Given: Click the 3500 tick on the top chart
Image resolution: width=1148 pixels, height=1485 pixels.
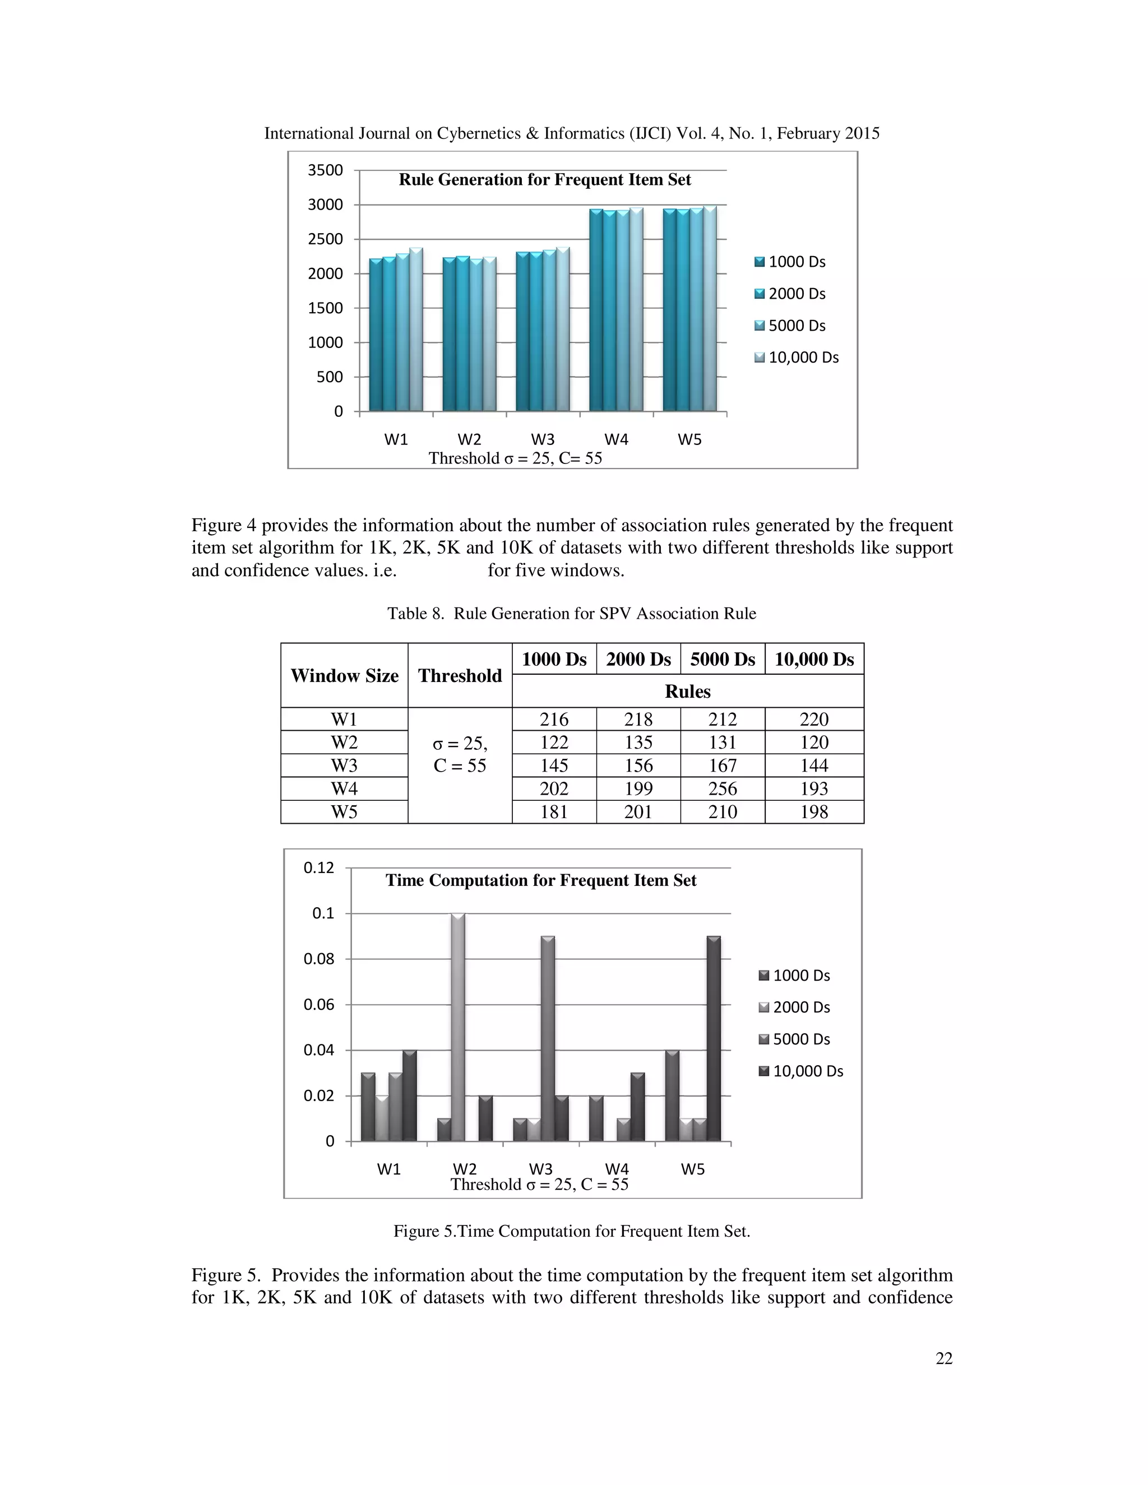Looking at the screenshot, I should pos(325,170).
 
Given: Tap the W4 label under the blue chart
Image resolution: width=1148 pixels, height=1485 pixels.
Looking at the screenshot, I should pos(616,439).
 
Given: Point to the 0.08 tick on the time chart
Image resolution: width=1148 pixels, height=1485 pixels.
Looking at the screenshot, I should pos(319,959).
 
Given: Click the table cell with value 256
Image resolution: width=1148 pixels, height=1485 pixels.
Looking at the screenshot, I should pos(722,789).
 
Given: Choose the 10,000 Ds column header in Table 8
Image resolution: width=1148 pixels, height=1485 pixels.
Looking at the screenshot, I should pos(814,659).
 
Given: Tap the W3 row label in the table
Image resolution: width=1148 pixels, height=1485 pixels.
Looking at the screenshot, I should pos(344,765).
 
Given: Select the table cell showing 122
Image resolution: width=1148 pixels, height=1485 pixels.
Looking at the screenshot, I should pos(554,742).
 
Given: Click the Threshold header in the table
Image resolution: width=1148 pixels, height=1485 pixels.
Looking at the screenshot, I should pos(460,675).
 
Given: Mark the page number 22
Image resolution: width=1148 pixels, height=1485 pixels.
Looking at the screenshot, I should pos(944,1358).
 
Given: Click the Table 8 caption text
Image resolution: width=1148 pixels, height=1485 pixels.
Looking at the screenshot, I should pos(571,613).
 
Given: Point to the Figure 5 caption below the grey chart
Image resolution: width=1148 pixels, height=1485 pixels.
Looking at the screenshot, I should pos(571,1231).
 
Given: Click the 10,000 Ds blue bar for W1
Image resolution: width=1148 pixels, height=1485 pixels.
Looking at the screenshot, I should pos(415,330).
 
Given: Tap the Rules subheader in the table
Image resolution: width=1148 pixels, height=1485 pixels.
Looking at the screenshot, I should pos(688,692).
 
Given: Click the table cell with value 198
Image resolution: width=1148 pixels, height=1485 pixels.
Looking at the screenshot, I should pos(814,812).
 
